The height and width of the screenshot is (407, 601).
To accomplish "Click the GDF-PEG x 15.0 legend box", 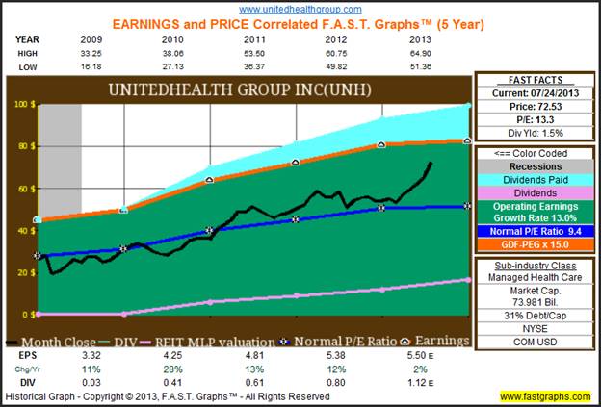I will coord(535,244).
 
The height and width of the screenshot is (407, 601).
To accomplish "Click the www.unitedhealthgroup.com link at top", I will coord(300,7).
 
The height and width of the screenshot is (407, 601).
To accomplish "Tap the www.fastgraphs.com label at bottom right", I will coord(545,396).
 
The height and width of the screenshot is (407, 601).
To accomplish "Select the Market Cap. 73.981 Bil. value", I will coord(535,297).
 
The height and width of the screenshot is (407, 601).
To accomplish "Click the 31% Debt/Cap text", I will coord(535,311).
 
